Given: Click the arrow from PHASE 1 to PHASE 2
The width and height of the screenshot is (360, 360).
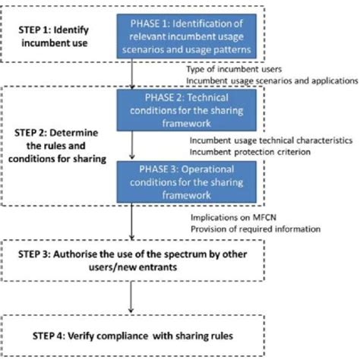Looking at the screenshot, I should [x=134, y=76].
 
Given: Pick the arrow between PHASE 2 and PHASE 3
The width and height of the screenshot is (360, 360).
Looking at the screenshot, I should [x=134, y=147].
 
